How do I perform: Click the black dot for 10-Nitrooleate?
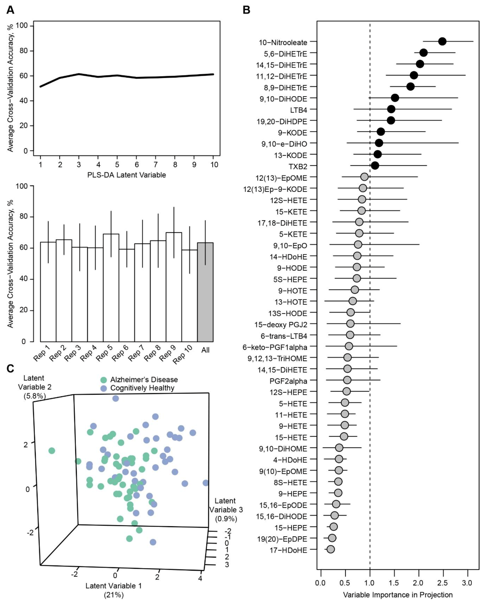442,41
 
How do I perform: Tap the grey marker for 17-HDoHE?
330,549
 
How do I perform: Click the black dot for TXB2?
375,166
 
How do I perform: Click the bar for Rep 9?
174,287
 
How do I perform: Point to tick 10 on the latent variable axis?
214,165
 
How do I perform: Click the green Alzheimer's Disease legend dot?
104,380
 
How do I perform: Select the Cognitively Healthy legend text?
142,388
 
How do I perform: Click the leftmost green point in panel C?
51,451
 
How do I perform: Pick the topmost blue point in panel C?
115,398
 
